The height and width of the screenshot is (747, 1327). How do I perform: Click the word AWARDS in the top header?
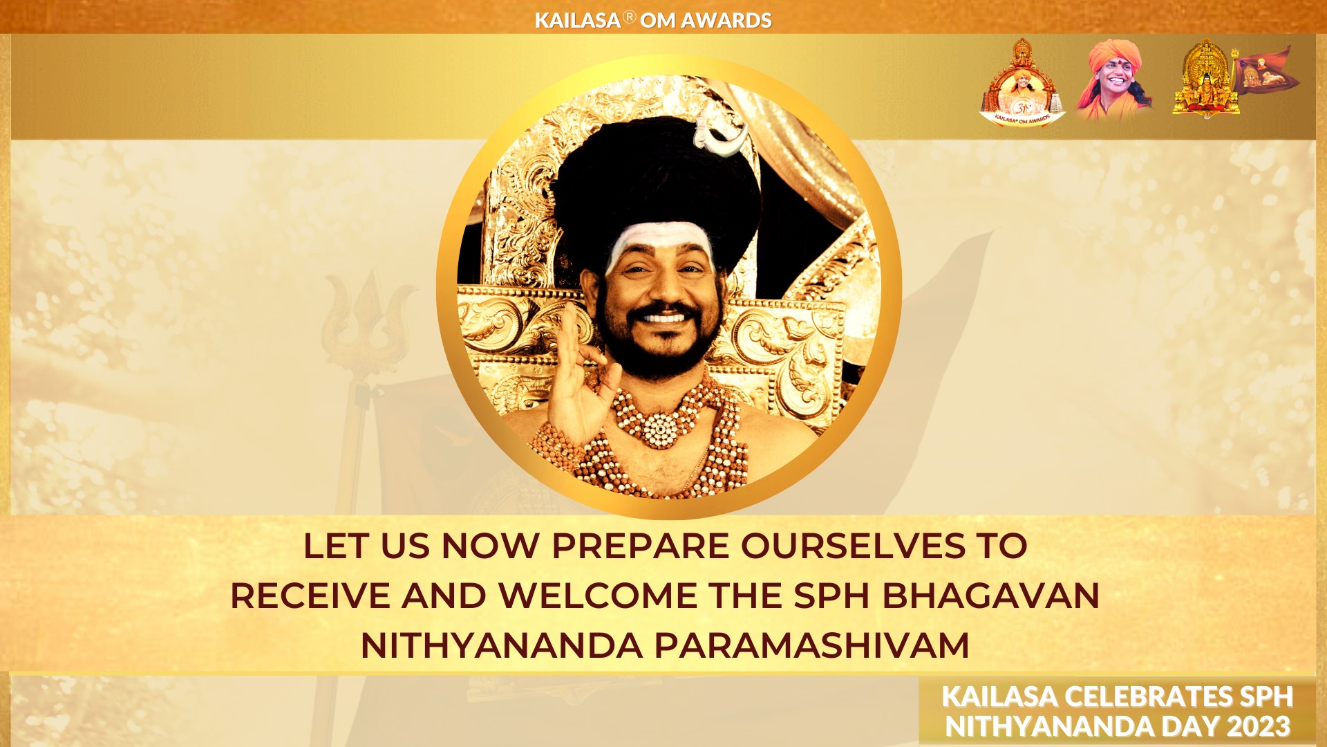point(726,21)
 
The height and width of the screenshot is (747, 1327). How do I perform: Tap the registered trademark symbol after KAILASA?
point(629,17)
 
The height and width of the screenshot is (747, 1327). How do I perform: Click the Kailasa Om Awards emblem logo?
point(1022,83)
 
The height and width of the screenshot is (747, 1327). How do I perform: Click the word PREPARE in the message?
point(641,546)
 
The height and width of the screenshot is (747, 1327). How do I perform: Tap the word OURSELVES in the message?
point(853,546)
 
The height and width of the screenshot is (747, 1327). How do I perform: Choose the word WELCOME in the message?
point(599,596)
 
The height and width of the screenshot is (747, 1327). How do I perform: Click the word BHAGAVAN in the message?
point(991,596)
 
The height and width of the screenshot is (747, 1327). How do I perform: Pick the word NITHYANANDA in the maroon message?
point(502,646)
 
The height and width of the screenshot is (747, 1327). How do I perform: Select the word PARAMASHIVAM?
point(811,646)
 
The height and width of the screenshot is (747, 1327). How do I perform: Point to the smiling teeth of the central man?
point(663,318)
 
